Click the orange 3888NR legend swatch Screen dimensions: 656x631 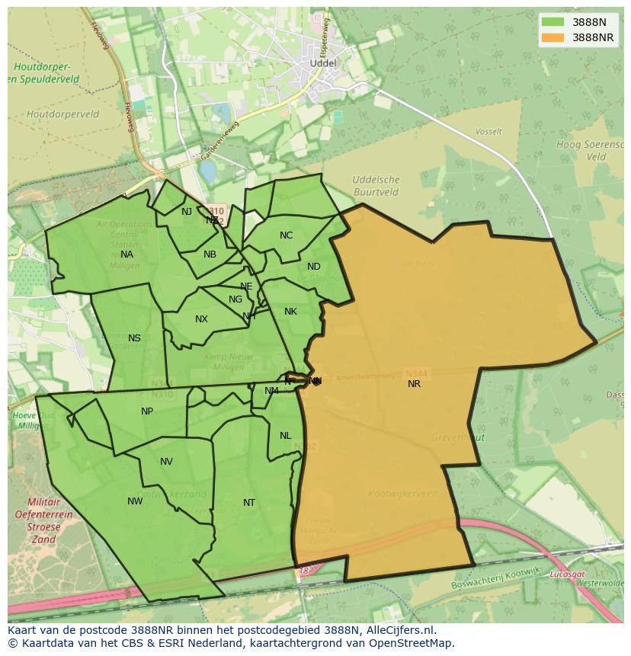coord(553,37)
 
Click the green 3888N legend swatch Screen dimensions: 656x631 coord(553,22)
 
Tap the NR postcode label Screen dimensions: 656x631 coord(414,384)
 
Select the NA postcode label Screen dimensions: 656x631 coord(127,254)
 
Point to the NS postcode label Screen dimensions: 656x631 coord(134,338)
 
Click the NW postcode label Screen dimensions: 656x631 coord(135,501)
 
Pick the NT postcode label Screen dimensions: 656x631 coord(249,503)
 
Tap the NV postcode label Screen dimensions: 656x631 coord(166,462)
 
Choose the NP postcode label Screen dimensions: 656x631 coord(147,411)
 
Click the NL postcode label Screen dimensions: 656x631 coord(285,436)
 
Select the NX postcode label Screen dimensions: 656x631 coord(201,319)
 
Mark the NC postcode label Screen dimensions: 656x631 coord(286,235)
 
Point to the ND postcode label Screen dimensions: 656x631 coord(314,267)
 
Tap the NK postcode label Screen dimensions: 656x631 coord(290,312)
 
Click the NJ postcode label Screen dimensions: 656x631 coord(187,212)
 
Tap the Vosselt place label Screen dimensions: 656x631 coord(488,132)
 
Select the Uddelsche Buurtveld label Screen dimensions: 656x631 coord(376,186)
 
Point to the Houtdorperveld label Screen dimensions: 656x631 coord(62,114)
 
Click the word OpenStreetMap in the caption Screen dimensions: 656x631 coord(412,643)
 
